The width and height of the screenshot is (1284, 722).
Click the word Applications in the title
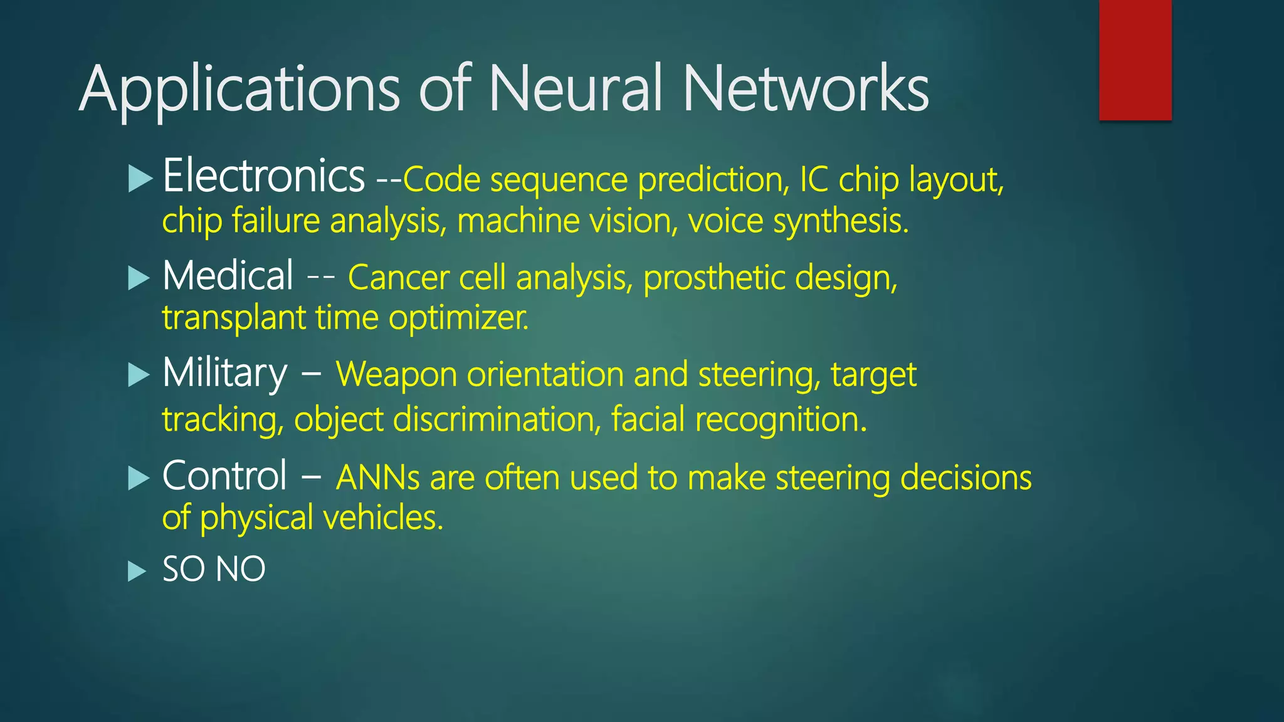239,90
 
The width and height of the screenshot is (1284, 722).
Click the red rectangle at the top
1135,60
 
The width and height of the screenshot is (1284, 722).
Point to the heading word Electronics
263,176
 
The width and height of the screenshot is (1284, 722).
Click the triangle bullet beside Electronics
140,179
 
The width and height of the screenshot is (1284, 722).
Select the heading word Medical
228,276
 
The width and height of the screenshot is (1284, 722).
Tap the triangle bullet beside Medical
139,278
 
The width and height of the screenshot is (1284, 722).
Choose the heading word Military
224,374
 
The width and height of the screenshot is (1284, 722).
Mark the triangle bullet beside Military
139,375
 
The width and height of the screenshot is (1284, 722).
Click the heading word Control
224,476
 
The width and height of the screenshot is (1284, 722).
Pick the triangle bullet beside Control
139,478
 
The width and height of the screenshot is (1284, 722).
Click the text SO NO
214,569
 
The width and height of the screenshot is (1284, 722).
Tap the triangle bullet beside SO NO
137,571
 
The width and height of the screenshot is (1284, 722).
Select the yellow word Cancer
398,278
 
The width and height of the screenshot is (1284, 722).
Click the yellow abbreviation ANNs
377,478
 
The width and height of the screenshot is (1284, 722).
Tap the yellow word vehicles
383,518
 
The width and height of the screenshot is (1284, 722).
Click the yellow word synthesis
840,221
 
